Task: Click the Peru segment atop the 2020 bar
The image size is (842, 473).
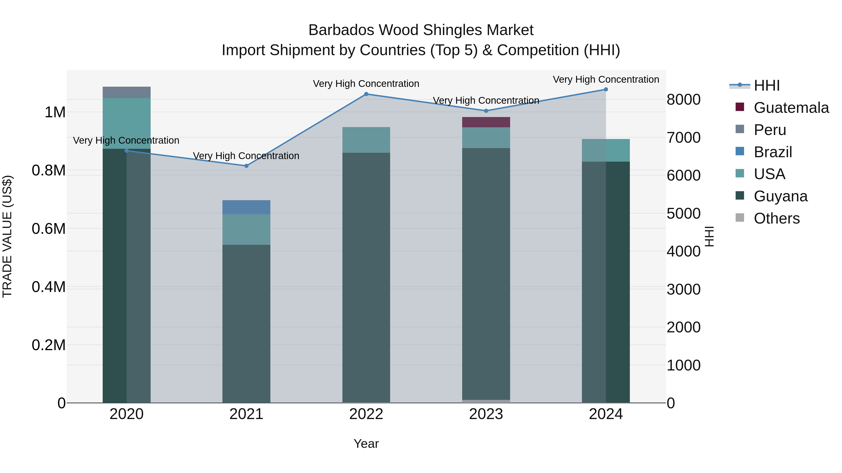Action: (127, 92)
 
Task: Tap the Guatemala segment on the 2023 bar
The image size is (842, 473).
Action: (486, 122)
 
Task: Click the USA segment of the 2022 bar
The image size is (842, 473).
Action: (366, 140)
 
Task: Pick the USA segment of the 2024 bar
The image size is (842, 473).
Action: (606, 150)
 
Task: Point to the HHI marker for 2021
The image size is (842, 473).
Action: (247, 166)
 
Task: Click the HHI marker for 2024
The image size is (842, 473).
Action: (606, 89)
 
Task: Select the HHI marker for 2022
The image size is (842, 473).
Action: (366, 94)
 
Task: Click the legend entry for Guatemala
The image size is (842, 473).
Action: (791, 108)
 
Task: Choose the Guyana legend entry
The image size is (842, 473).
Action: (780, 196)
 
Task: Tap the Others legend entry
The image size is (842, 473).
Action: (777, 218)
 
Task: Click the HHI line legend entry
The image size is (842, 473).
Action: (766, 85)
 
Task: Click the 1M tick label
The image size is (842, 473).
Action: (55, 112)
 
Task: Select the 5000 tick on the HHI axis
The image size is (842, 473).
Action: (683, 213)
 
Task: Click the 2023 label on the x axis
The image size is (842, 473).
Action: (486, 414)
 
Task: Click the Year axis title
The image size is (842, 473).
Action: (366, 444)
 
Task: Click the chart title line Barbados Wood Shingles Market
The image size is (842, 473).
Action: (421, 30)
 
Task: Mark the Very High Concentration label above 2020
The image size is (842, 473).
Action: (126, 140)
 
